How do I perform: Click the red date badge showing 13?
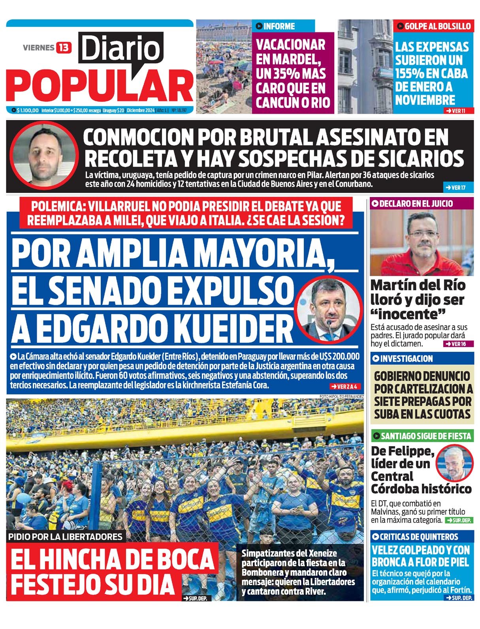tap(63, 48)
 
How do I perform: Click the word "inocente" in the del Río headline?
tap(408, 314)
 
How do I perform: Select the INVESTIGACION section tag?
tap(406, 359)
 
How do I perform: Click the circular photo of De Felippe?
tap(454, 463)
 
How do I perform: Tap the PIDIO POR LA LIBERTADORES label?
tap(65, 537)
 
